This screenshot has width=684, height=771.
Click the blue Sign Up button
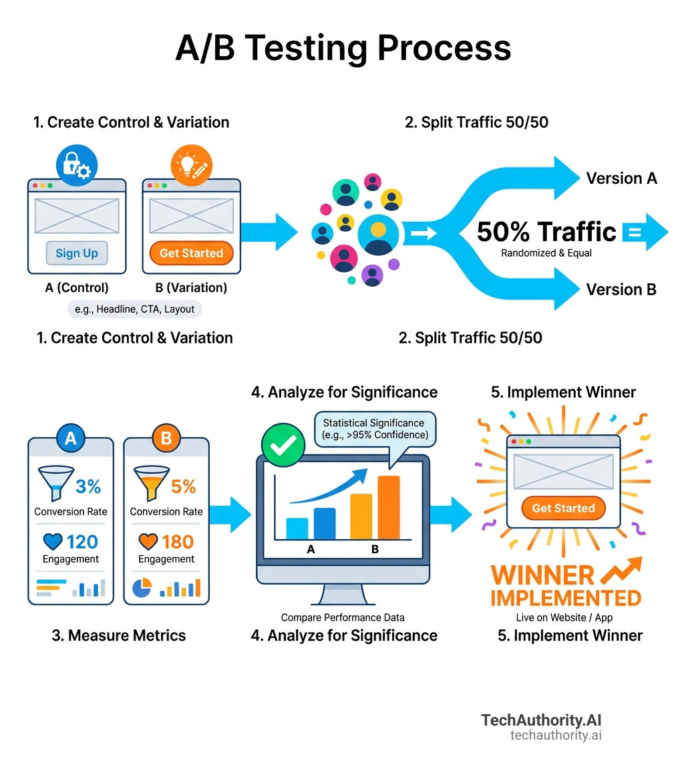pos(76,253)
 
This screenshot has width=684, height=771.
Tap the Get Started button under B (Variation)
pos(191,253)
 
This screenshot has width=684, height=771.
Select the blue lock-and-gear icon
pos(75,164)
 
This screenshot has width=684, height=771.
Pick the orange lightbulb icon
pos(191,164)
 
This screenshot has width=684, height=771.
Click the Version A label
pos(621,178)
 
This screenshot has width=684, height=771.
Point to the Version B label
pos(621,289)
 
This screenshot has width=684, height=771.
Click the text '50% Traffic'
pos(546,232)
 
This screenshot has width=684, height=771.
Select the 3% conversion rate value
pos(88,486)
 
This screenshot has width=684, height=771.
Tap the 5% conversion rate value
pos(184,486)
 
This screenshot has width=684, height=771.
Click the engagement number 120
pos(82,541)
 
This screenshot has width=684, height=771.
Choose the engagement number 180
pos(177,541)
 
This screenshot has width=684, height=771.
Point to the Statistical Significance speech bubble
pos(373,429)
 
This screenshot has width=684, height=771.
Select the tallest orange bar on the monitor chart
pos(388,507)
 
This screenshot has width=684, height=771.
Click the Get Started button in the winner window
pos(563,508)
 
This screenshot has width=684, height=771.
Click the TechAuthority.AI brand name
pos(541,721)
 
